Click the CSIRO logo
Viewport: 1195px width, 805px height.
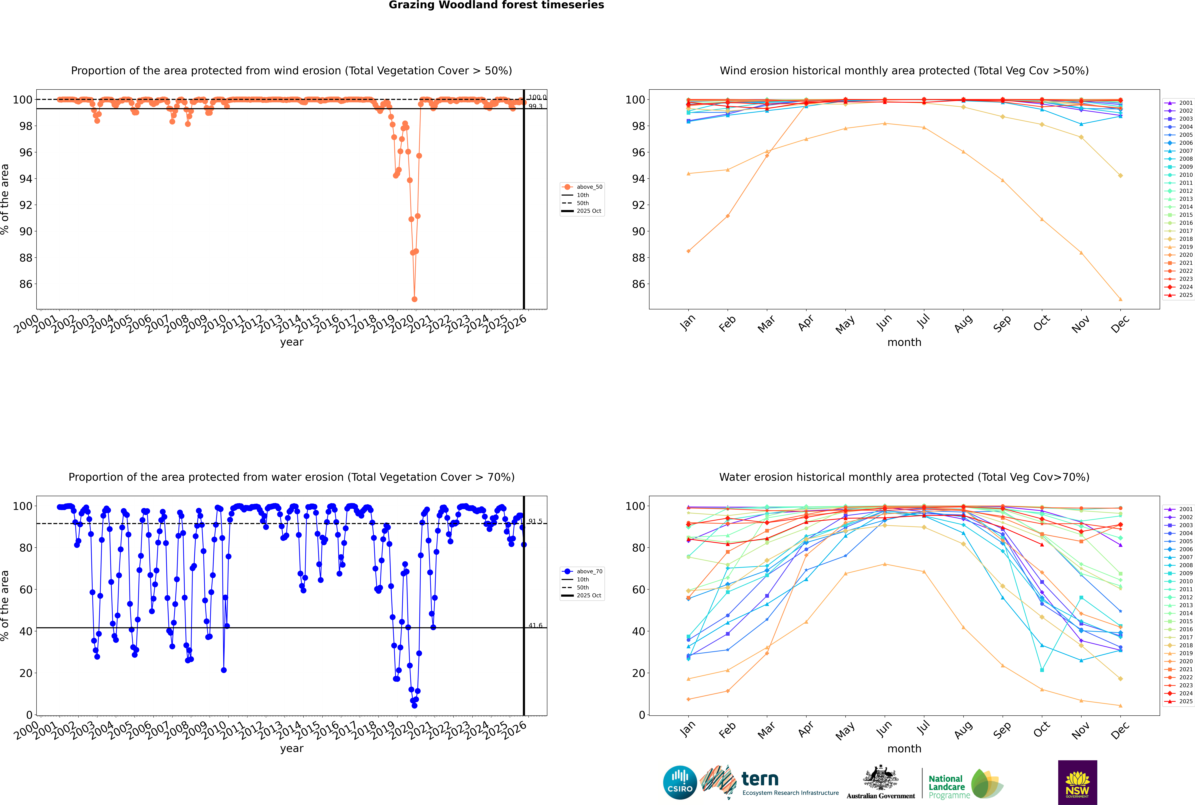click(680, 782)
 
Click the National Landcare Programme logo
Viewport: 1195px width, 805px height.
click(965, 784)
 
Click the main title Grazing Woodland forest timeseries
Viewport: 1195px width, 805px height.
click(496, 5)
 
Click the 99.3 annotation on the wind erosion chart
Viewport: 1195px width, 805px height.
click(535, 106)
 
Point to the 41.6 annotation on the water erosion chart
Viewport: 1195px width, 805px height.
click(535, 625)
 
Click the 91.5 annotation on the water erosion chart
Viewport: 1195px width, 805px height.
click(535, 521)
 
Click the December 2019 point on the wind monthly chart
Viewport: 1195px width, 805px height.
click(1121, 299)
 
